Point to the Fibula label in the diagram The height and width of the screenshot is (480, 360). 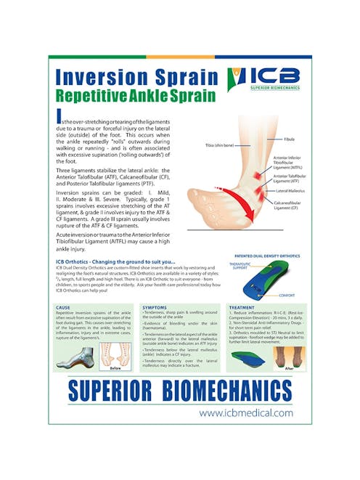coord(289,137)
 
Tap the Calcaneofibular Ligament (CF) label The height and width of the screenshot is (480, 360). coord(287,204)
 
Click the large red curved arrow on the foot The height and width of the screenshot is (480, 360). coord(221,206)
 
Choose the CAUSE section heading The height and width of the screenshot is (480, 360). coord(63,307)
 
